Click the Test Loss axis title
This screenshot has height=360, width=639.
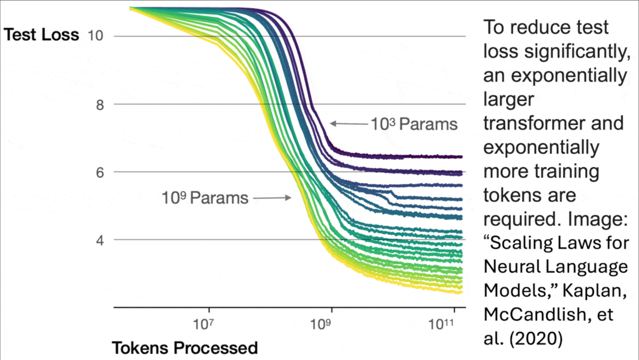pyautogui.click(x=41, y=36)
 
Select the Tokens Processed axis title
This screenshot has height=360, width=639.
pyautogui.click(x=184, y=348)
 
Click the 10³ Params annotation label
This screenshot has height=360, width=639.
pyautogui.click(x=414, y=124)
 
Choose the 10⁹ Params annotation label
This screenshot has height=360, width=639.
pyautogui.click(x=205, y=198)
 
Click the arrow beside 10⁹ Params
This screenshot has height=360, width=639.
pyautogui.click(x=272, y=198)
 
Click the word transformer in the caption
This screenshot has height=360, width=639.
pyautogui.click(x=553, y=123)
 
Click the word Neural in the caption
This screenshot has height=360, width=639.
pyautogui.click(x=510, y=266)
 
